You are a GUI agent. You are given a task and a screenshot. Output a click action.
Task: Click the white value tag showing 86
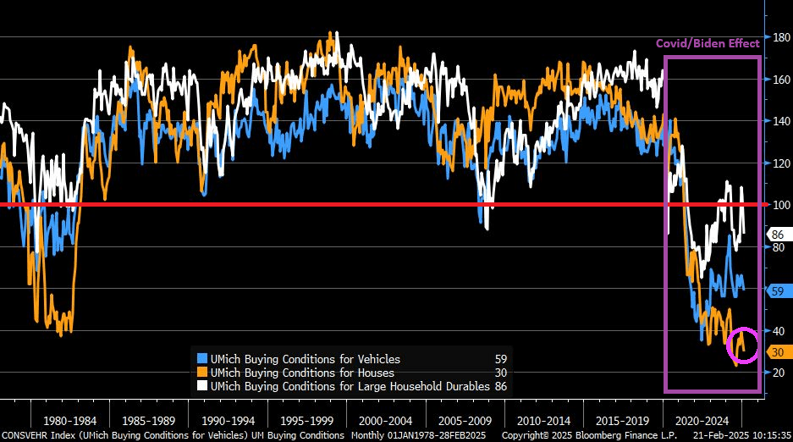776,234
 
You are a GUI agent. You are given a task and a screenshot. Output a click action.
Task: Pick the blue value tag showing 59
776,290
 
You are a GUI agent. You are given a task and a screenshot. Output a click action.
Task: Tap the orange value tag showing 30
776,351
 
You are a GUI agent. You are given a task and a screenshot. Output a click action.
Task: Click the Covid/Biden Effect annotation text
708,43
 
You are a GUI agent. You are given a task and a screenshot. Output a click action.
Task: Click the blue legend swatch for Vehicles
202,359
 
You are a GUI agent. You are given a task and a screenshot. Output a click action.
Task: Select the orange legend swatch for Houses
202,373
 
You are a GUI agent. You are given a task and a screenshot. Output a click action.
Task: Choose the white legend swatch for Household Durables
202,385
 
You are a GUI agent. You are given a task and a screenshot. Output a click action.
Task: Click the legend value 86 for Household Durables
501,385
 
